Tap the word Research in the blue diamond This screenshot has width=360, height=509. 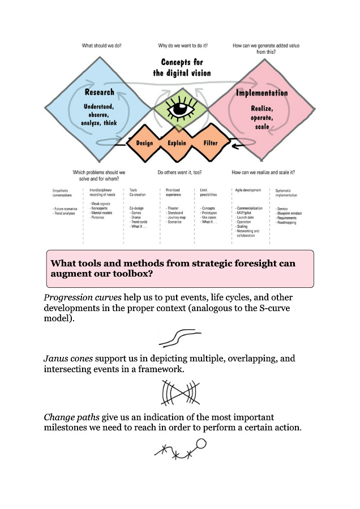99,92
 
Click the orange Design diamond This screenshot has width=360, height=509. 144,143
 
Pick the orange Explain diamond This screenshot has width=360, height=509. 177,143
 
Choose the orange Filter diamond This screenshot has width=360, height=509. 211,143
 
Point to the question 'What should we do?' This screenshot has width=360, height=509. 102,45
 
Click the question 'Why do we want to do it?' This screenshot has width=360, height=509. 181,45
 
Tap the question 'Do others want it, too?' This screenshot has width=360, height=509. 180,172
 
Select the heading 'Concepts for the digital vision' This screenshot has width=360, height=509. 182,67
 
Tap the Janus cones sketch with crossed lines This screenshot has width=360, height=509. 180,391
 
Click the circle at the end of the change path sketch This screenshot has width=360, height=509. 200,443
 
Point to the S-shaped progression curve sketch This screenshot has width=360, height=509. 180,338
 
